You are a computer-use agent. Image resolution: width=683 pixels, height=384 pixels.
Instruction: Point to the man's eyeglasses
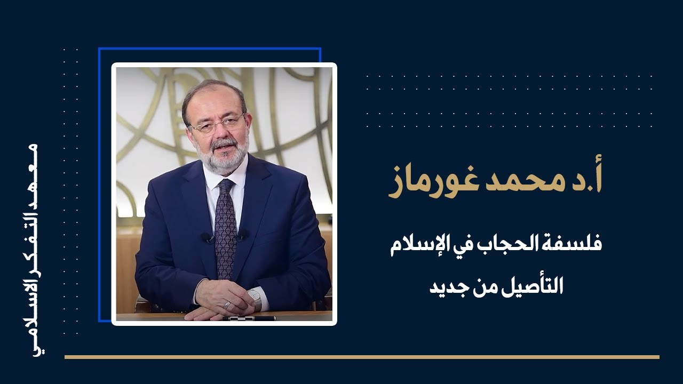[218, 124]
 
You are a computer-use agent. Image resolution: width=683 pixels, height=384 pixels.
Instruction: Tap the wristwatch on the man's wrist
[255, 298]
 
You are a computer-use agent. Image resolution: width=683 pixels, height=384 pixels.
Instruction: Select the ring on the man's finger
[227, 305]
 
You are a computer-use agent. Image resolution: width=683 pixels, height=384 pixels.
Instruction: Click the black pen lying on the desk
[251, 318]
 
